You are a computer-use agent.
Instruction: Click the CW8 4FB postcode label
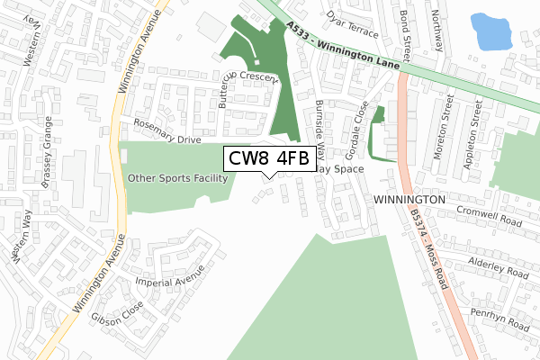tap(268, 159)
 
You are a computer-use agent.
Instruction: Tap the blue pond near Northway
tap(490, 31)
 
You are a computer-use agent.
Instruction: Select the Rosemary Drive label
tap(166, 132)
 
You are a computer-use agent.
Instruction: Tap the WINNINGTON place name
tap(409, 198)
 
